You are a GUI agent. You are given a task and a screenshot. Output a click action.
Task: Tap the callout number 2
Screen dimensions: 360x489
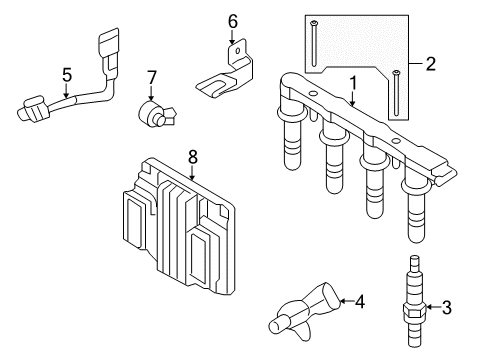click(431, 65)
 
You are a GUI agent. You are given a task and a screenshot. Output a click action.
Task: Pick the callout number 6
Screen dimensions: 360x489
click(232, 20)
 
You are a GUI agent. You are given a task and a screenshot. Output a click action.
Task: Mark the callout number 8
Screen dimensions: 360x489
click(193, 155)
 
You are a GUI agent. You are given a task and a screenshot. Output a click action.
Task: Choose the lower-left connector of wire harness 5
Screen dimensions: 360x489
click(33, 108)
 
